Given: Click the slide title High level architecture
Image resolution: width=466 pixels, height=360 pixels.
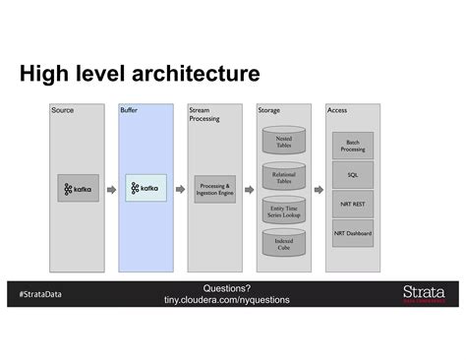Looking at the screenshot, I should click(x=139, y=75).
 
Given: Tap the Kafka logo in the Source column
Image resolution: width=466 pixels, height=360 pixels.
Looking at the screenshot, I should click(x=78, y=189).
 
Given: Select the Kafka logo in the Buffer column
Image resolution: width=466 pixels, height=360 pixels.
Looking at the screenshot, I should click(x=146, y=189).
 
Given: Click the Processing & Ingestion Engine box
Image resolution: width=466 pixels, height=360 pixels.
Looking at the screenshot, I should click(x=215, y=189).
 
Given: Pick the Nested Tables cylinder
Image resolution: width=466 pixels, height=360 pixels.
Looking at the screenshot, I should click(x=284, y=143).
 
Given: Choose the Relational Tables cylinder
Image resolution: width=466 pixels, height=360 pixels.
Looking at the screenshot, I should click(x=284, y=178).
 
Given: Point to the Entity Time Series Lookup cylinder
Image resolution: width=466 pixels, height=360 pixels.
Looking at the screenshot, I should click(x=284, y=211).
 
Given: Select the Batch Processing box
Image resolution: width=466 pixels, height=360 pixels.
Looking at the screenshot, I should click(x=352, y=146).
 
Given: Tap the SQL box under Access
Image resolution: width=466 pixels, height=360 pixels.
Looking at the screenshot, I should click(x=352, y=175).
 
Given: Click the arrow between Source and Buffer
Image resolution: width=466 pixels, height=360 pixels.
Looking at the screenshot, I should click(x=111, y=190).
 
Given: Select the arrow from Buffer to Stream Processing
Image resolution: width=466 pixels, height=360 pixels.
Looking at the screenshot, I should click(x=179, y=190).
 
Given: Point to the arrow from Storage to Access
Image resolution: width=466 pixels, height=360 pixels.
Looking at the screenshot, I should click(x=319, y=190).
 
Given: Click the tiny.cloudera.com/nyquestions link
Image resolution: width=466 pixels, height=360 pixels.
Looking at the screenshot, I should click(x=227, y=299).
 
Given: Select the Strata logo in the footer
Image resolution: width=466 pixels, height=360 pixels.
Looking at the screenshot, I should click(x=423, y=293).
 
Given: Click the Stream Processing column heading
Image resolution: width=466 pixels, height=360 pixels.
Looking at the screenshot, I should click(x=204, y=114).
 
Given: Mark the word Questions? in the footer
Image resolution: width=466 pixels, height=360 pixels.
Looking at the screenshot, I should click(x=227, y=287).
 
